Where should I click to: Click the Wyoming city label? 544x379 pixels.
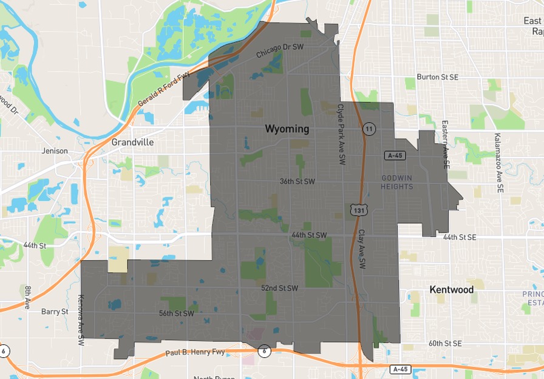click(x=287, y=129)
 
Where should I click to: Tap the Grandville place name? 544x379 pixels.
click(x=132, y=142)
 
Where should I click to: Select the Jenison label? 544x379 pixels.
click(x=55, y=151)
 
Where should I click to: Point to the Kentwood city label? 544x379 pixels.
click(x=451, y=290)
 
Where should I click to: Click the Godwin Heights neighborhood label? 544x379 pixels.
click(x=397, y=182)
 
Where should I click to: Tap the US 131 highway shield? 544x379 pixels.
click(x=356, y=210)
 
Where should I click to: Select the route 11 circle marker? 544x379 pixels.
click(x=369, y=129)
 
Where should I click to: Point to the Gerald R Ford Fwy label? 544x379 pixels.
click(x=163, y=90)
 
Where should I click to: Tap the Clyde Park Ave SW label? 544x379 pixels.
click(x=341, y=133)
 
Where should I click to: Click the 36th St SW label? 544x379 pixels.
click(x=297, y=181)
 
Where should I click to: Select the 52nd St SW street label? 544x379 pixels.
click(x=279, y=287)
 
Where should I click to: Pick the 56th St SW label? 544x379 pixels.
click(x=176, y=314)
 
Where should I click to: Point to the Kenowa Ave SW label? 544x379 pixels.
click(x=81, y=320)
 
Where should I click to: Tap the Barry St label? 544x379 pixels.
click(x=55, y=312)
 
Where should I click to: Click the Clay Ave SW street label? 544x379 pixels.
click(x=361, y=249)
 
